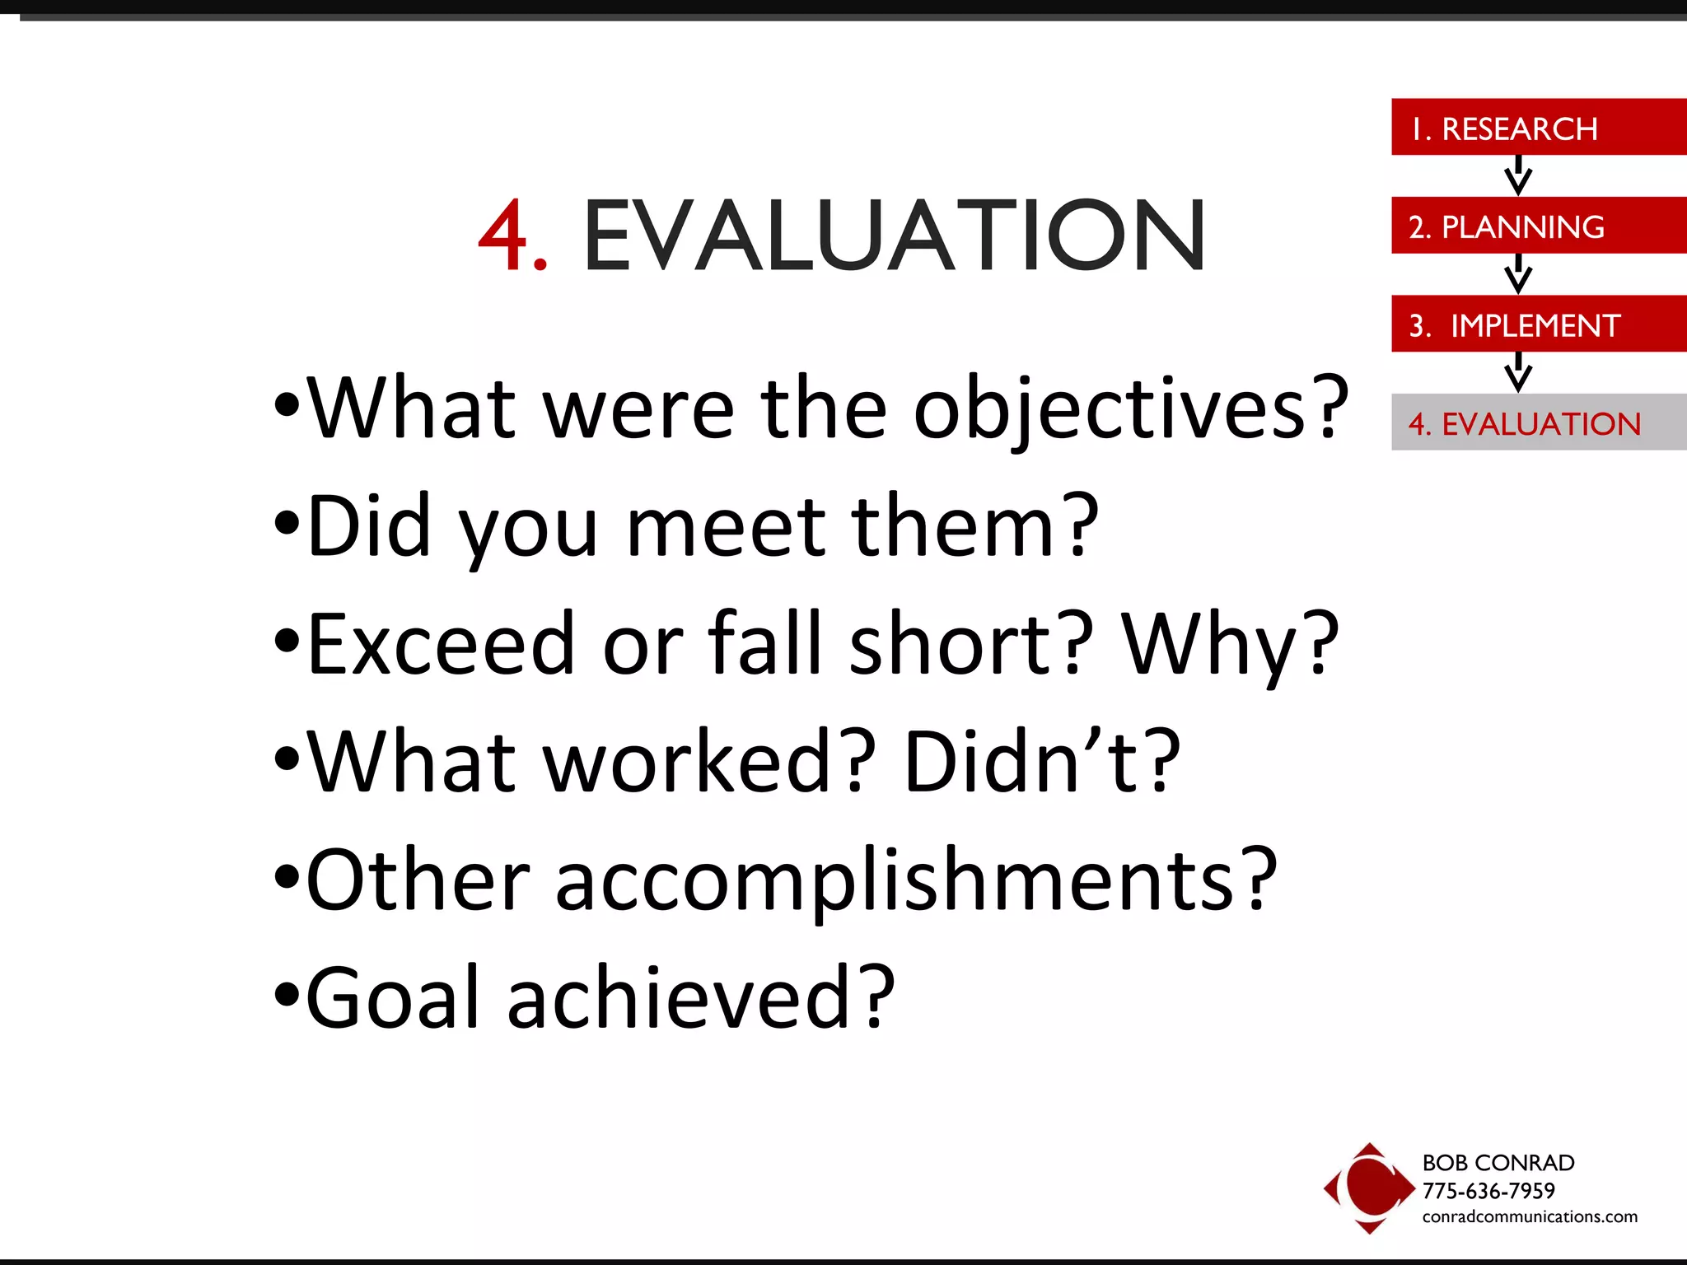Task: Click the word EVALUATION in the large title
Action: (x=894, y=236)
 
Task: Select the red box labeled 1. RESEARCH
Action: (x=1538, y=128)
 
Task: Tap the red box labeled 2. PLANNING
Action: (x=1538, y=226)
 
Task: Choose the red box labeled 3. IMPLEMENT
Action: (x=1538, y=324)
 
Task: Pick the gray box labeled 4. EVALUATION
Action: (x=1538, y=422)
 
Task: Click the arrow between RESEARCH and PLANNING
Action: (x=1517, y=175)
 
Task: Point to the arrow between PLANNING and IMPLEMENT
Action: (x=1517, y=273)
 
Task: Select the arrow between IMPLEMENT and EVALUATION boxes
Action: (x=1517, y=372)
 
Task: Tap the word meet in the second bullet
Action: (x=725, y=527)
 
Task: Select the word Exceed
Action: (x=440, y=644)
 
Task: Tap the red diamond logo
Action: (x=1368, y=1188)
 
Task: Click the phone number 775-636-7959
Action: (x=1488, y=1191)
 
